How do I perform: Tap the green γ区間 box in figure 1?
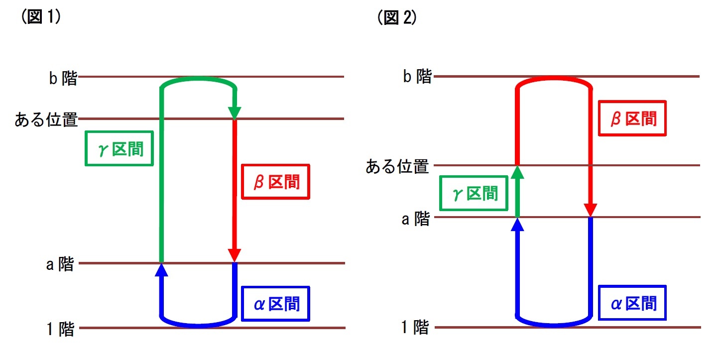pyautogui.click(x=119, y=148)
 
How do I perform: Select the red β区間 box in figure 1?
pyautogui.click(x=275, y=182)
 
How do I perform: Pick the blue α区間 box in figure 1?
pyautogui.click(x=275, y=303)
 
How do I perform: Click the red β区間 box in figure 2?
pyautogui.click(x=632, y=119)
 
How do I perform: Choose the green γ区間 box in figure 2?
pyautogui.click(x=474, y=193)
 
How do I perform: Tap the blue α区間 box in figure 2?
pyautogui.click(x=632, y=303)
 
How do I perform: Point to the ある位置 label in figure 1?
pyautogui.click(x=46, y=120)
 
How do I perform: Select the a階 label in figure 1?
pyautogui.click(x=60, y=264)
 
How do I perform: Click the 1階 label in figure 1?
pyautogui.click(x=60, y=329)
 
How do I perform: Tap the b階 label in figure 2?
pyautogui.click(x=417, y=77)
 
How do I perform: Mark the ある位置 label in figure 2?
pyautogui.click(x=397, y=166)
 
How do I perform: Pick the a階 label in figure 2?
pyautogui.click(x=415, y=218)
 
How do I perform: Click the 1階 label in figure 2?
pyautogui.click(x=415, y=328)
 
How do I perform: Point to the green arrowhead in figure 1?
pyautogui.click(x=235, y=113)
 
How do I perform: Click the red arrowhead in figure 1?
pyautogui.click(x=235, y=255)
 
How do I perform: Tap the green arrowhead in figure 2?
pyautogui.click(x=518, y=172)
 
